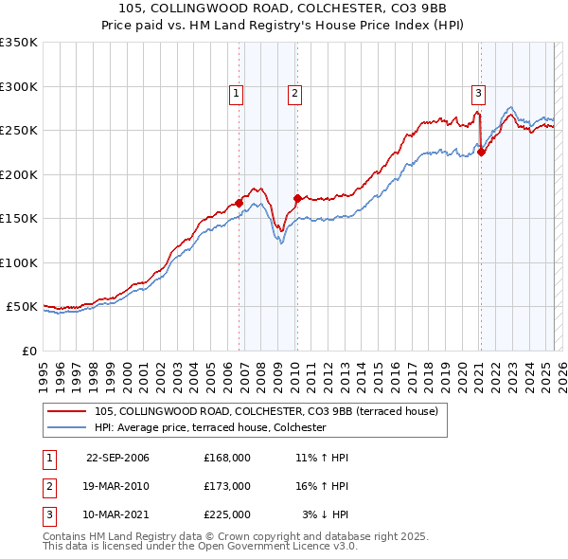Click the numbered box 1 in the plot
tap(235, 93)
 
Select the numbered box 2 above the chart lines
tap(295, 93)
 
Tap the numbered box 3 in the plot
tap(479, 93)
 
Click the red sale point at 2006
tap(240, 202)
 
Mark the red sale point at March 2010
tap(297, 198)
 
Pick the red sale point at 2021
tap(481, 152)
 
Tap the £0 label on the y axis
tap(28, 351)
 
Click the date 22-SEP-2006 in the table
tap(117, 458)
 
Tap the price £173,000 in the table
tap(226, 486)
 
